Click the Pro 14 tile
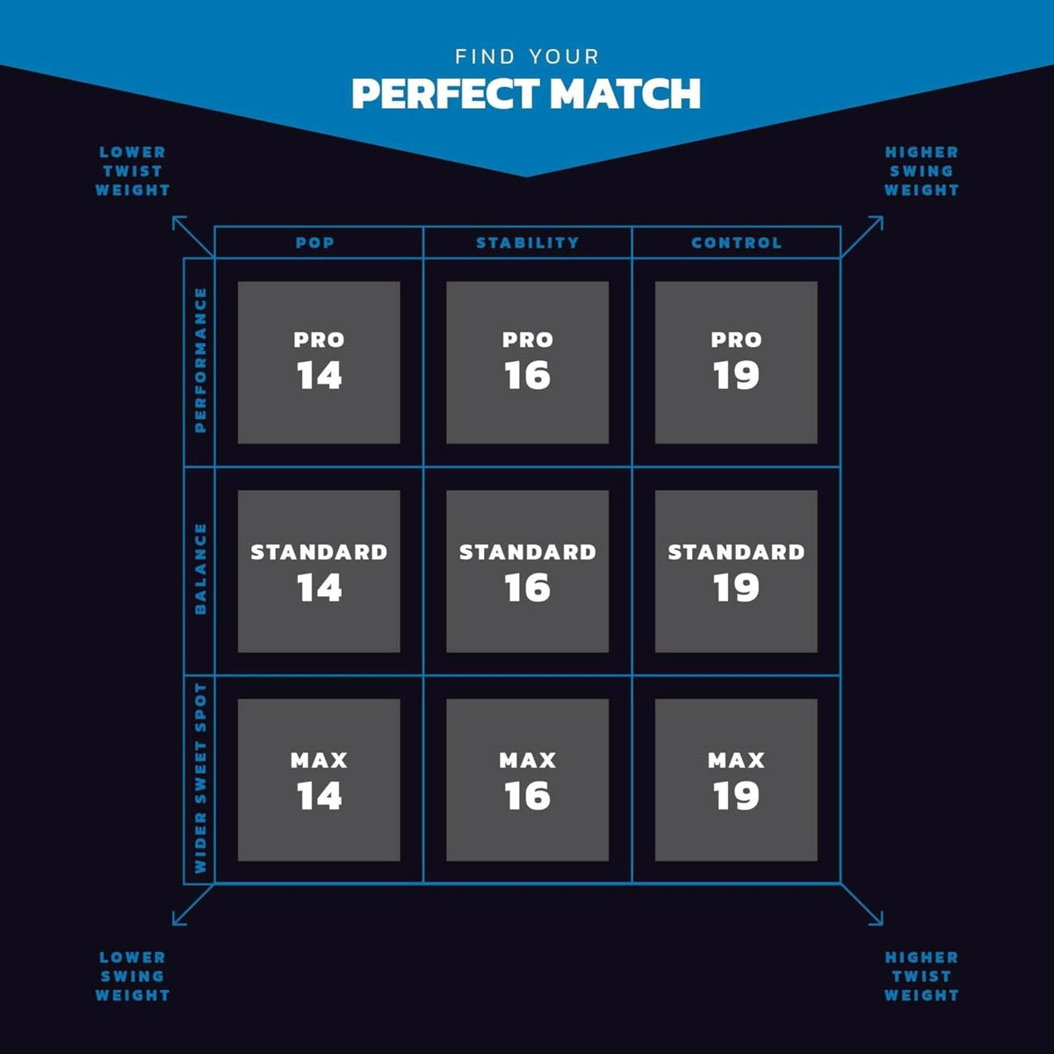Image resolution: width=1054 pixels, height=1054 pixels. (319, 362)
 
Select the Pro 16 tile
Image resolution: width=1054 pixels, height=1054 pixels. (527, 362)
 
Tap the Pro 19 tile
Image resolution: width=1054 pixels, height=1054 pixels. (736, 362)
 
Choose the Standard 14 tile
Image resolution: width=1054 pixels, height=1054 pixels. (319, 571)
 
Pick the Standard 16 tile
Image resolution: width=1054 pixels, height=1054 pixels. (527, 571)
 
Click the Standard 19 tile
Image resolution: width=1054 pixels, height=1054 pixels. (736, 571)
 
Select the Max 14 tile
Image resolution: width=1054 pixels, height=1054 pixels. (319, 780)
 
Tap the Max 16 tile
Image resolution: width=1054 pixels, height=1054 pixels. (527, 780)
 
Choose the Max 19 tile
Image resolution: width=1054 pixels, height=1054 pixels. (736, 780)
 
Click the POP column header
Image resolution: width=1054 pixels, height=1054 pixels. (315, 242)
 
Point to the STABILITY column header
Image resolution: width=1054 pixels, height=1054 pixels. (527, 242)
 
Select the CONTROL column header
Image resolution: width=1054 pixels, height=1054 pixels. (736, 242)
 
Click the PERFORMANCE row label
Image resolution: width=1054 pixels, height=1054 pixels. (200, 360)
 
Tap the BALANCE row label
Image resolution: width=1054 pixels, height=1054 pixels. (200, 569)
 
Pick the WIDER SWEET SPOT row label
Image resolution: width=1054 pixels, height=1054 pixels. (200, 778)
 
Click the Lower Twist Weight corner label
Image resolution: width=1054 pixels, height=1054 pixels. (133, 171)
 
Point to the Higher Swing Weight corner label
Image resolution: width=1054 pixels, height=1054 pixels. (921, 171)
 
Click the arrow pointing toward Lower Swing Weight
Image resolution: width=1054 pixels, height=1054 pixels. (193, 905)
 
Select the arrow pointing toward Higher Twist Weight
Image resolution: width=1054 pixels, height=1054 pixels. (862, 905)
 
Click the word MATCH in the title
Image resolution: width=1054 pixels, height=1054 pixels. (625, 93)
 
